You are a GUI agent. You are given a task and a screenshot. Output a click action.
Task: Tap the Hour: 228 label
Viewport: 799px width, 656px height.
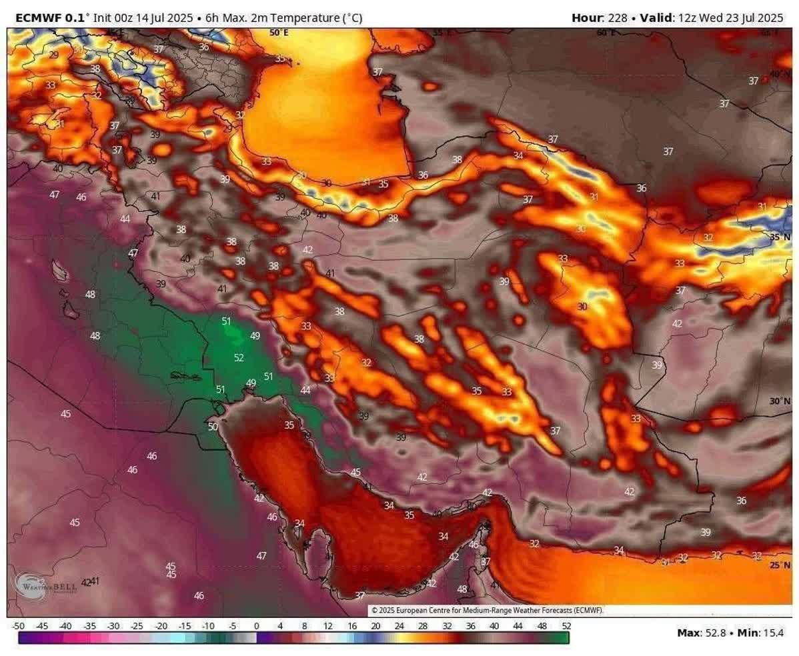click(599, 18)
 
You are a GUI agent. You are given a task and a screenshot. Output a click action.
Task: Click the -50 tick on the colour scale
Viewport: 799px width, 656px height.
click(19, 626)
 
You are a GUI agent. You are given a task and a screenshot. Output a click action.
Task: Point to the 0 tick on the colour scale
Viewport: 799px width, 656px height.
click(256, 626)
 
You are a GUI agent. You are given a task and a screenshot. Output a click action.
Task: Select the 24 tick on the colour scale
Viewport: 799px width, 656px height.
click(399, 626)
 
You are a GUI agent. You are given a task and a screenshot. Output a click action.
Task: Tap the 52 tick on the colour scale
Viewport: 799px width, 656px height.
click(566, 626)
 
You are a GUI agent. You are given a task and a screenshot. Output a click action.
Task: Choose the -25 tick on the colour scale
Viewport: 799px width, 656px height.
click(137, 626)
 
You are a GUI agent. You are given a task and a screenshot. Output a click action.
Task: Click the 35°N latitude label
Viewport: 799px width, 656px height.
click(780, 237)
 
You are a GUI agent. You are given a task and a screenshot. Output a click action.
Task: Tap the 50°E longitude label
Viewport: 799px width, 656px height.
click(279, 32)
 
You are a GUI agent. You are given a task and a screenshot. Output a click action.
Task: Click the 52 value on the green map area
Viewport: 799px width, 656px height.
click(239, 358)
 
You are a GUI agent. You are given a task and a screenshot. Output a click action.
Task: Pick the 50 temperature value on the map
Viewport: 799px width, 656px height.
click(213, 427)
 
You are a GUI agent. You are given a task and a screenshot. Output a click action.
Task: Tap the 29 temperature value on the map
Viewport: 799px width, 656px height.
click(53, 55)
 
